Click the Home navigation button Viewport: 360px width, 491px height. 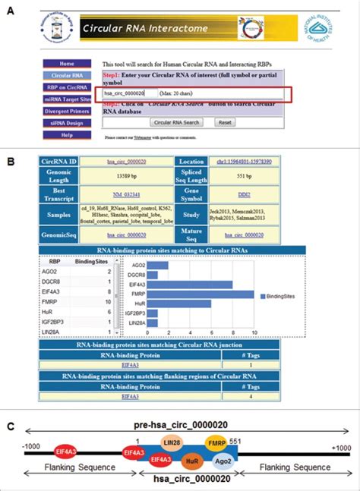click(x=67, y=64)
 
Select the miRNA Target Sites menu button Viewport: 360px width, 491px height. click(x=67, y=99)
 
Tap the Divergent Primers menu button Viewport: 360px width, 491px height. click(x=67, y=112)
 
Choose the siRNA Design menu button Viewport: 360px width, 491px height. click(x=67, y=123)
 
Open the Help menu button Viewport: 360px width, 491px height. click(x=67, y=135)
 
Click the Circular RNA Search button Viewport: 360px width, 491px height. click(x=176, y=121)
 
